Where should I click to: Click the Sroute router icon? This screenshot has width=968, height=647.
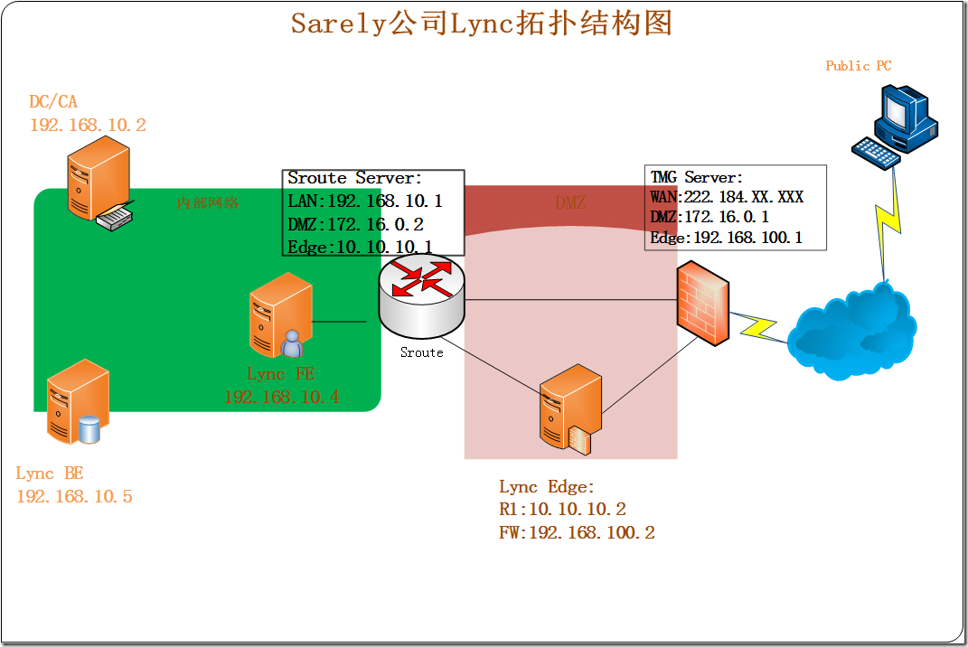(x=421, y=294)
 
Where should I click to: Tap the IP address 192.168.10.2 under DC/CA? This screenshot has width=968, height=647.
(x=88, y=125)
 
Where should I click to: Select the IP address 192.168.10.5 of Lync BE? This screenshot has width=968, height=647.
(x=74, y=496)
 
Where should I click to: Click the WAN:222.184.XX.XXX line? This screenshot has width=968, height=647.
(x=727, y=197)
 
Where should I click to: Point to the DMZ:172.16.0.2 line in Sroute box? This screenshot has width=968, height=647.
(x=355, y=224)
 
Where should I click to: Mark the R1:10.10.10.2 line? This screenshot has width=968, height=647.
(x=562, y=510)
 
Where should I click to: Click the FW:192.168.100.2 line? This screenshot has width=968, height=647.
(x=577, y=532)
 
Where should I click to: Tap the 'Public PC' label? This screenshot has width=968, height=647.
(x=858, y=66)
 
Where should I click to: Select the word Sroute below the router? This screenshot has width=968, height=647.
(x=421, y=352)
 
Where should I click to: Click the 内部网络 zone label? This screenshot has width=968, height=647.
(x=208, y=202)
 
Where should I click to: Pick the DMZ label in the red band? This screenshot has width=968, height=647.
(x=569, y=203)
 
